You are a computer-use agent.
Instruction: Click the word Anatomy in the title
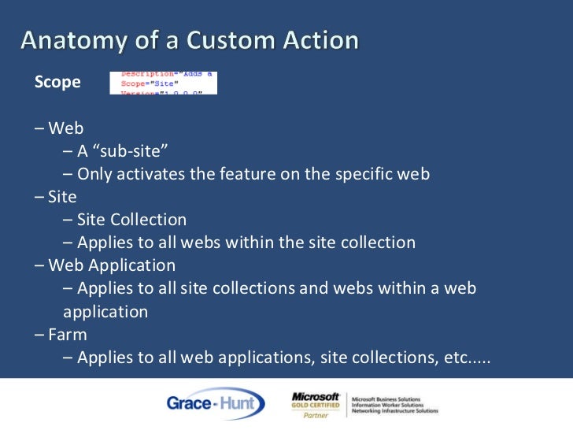71,40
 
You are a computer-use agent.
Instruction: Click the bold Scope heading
57,82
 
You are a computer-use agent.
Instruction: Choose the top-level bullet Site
62,197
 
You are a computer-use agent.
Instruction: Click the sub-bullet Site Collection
131,220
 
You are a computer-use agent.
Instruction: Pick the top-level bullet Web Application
111,265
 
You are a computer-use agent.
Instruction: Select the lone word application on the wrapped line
105,311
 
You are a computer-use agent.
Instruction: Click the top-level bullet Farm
67,334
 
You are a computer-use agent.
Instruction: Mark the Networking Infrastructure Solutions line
395,411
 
